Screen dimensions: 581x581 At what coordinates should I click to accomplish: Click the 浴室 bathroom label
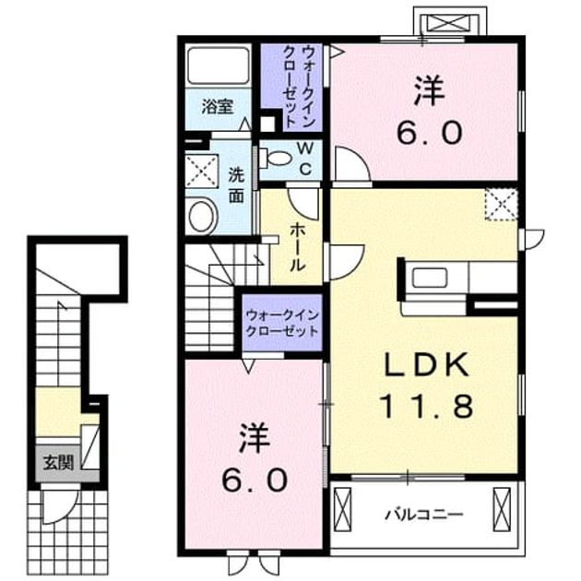pyautogui.click(x=218, y=107)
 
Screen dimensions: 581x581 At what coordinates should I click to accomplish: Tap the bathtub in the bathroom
pyautogui.click(x=218, y=65)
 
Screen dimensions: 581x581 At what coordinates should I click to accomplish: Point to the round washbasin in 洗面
pyautogui.click(x=202, y=217)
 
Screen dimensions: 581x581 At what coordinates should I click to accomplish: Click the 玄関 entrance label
pyautogui.click(x=58, y=463)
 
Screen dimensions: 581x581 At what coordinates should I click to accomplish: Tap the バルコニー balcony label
pyautogui.click(x=424, y=515)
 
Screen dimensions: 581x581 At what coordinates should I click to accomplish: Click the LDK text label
pyautogui.click(x=426, y=365)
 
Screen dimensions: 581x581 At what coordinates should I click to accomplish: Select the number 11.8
pyautogui.click(x=427, y=406)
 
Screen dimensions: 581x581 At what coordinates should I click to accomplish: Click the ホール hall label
pyautogui.click(x=297, y=247)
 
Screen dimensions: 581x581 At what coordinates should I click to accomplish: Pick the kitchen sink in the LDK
pyautogui.click(x=430, y=278)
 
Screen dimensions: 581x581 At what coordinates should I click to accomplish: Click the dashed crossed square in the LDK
pyautogui.click(x=501, y=205)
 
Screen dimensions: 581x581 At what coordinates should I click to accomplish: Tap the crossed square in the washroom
pyautogui.click(x=202, y=171)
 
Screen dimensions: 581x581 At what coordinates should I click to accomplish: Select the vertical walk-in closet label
pyautogui.click(x=299, y=87)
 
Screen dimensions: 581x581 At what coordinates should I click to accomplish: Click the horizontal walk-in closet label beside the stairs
pyautogui.click(x=282, y=323)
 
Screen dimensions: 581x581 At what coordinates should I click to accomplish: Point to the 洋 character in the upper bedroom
pyautogui.click(x=430, y=90)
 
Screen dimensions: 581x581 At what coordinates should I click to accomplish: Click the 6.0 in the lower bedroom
pyautogui.click(x=255, y=480)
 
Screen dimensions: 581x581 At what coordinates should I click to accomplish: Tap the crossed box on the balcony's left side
pyautogui.click(x=342, y=509)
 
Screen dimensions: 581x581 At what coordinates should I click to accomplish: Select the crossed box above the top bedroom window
pyautogui.click(x=449, y=22)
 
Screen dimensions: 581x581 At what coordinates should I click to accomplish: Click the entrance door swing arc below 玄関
pyautogui.click(x=70, y=510)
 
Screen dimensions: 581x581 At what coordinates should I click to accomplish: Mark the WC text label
pyautogui.click(x=305, y=159)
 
